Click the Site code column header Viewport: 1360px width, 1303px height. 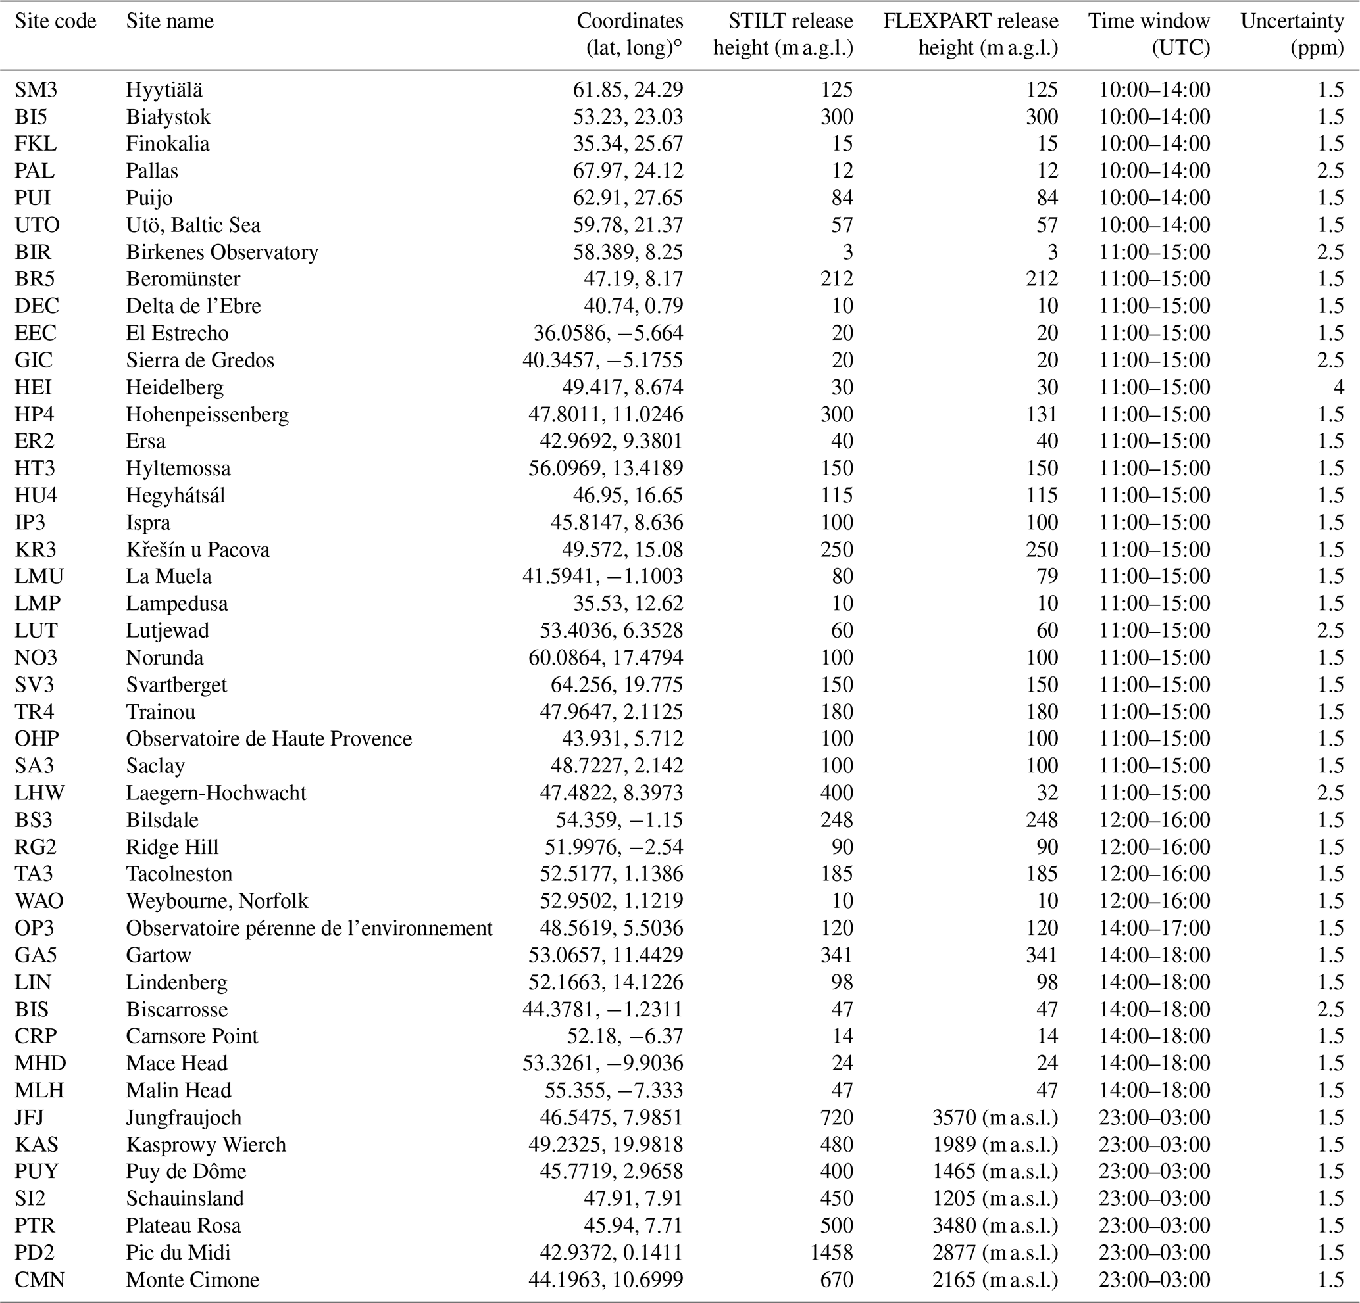pyautogui.click(x=55, y=22)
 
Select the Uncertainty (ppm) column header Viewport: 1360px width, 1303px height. pyautogui.click(x=1292, y=34)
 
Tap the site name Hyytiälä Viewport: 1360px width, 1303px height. pyautogui.click(x=164, y=89)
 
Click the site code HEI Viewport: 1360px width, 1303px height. pyautogui.click(x=34, y=387)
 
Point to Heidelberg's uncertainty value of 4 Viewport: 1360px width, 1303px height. pyautogui.click(x=1338, y=387)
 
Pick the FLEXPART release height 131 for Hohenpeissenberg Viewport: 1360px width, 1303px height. pyautogui.click(x=1043, y=414)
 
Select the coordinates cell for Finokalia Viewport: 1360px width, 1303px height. pyautogui.click(x=628, y=143)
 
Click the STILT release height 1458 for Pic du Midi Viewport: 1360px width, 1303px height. pyautogui.click(x=831, y=1252)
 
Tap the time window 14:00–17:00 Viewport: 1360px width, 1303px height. pyautogui.click(x=1155, y=928)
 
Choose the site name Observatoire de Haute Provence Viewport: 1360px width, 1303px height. pyautogui.click(x=268, y=738)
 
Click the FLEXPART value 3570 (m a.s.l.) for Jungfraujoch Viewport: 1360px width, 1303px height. pyautogui.click(x=995, y=1117)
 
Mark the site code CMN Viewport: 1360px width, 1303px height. pyautogui.click(x=39, y=1279)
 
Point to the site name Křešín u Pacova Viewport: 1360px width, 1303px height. pyautogui.click(x=198, y=549)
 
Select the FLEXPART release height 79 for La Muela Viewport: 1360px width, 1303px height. pyautogui.click(x=1047, y=577)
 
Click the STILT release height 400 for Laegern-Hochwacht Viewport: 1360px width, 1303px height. pyautogui.click(x=837, y=793)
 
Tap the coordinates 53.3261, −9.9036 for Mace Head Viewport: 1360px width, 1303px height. pyautogui.click(x=602, y=1063)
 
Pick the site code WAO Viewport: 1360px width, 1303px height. pyautogui.click(x=39, y=901)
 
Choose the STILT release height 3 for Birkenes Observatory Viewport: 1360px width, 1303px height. pyautogui.click(x=847, y=252)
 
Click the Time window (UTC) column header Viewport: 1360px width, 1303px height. pyautogui.click(x=1148, y=34)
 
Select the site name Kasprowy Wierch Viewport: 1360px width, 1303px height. pyautogui.click(x=205, y=1144)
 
